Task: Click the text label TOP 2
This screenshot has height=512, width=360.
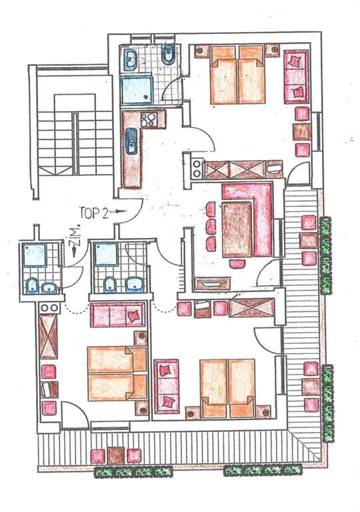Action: coord(94,213)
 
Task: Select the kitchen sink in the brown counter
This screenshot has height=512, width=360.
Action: coord(132,141)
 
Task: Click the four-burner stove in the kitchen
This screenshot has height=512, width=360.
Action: coord(148,119)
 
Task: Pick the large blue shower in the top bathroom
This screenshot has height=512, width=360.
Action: coord(137,90)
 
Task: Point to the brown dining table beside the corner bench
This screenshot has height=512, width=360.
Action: coord(237,229)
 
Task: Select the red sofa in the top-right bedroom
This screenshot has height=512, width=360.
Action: coord(296,77)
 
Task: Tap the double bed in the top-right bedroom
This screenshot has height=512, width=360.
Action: coord(237,75)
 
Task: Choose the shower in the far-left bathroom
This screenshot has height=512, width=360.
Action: coord(34,255)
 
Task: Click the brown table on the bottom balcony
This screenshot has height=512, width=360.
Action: coord(116,455)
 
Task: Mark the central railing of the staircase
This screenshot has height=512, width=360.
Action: coord(75,144)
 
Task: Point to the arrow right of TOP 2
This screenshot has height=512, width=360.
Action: coord(118,211)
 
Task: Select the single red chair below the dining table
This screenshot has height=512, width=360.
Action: coord(237,263)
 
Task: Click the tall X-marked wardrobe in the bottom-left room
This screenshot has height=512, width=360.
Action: coord(49,336)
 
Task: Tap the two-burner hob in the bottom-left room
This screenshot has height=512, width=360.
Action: coord(49,307)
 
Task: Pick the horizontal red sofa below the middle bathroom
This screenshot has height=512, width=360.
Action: coord(117,315)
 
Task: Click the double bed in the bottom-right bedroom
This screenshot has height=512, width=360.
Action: coord(228,389)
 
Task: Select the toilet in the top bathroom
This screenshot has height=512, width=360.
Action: coord(169,55)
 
